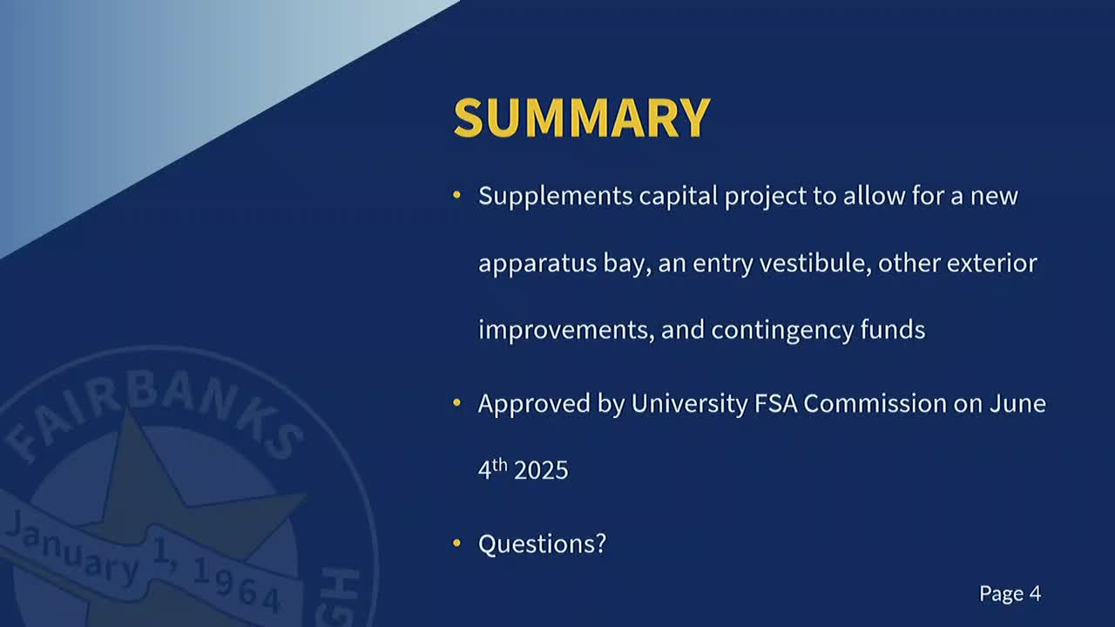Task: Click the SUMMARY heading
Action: (x=582, y=118)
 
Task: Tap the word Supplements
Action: (x=555, y=196)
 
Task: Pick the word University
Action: (x=689, y=403)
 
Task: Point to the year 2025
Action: (x=541, y=471)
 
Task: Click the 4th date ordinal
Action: (x=492, y=469)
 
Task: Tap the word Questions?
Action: (x=542, y=544)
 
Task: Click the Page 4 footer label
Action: (x=1010, y=594)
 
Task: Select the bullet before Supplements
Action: (x=457, y=196)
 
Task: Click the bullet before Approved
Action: (x=457, y=403)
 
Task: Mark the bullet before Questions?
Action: (x=457, y=544)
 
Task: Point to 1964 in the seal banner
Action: (x=235, y=585)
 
